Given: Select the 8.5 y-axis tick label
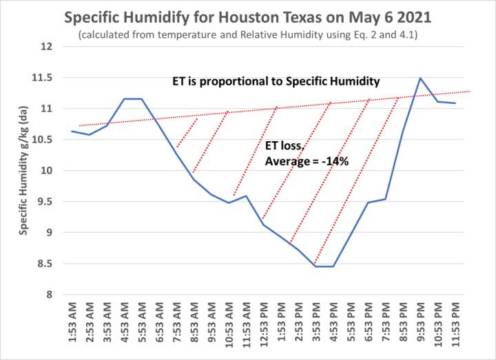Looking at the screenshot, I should [46, 264].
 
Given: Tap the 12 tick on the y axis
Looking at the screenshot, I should [46, 47].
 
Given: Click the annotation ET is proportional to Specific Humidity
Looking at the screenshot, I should [276, 82].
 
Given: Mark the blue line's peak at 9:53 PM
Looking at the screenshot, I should [420, 78].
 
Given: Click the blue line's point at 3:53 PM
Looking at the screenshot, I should [316, 266].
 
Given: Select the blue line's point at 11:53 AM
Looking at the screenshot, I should [246, 196].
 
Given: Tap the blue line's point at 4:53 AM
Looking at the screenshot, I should [125, 99].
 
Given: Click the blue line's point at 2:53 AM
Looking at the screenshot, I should [90, 135].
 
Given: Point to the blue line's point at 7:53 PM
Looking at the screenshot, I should [385, 199].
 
